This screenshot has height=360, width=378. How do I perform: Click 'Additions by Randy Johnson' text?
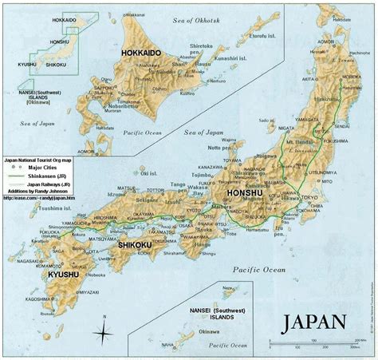tap(36, 192)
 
